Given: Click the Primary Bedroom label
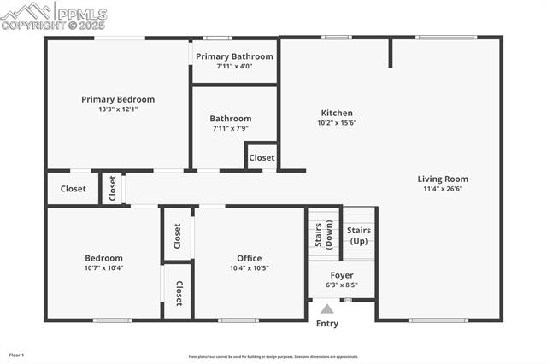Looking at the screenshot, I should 118,99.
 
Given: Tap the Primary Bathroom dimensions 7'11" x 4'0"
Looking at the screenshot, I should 234,67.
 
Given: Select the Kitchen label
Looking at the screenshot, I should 337,113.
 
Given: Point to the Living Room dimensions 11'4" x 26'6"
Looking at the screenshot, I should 443,190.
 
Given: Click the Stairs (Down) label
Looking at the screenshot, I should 324,234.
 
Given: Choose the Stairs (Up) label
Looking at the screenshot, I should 359,235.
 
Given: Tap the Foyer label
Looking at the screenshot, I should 342,275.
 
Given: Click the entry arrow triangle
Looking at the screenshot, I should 327,309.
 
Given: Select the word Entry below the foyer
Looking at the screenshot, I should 327,324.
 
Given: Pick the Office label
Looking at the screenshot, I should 250,258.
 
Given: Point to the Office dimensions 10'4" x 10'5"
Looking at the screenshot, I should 250,268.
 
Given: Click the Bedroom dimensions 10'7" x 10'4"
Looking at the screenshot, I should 103,268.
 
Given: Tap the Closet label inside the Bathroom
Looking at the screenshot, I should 262,157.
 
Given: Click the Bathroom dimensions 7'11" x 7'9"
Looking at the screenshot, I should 231,128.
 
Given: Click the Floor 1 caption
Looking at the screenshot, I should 17,355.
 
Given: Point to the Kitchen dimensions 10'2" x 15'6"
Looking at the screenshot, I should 337,123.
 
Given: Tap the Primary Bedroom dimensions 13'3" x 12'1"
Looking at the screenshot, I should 118,109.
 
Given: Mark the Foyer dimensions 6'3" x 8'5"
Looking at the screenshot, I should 342,285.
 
